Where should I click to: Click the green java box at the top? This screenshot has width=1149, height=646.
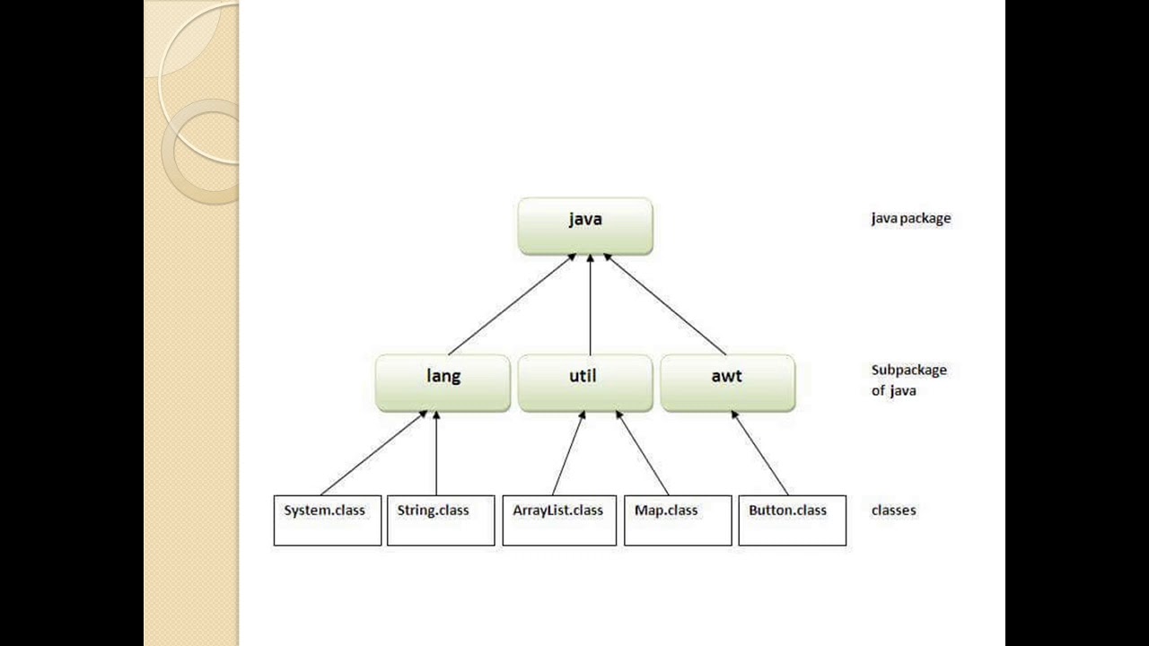[585, 226]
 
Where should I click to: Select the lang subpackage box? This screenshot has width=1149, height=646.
[443, 383]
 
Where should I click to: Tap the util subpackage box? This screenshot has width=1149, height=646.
[585, 383]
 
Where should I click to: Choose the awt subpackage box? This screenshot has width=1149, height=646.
[727, 383]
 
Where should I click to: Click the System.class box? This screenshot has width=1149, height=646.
[327, 520]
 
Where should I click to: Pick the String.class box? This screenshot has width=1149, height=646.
[440, 520]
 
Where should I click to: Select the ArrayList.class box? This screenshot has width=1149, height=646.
[558, 520]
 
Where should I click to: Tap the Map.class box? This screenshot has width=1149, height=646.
[677, 520]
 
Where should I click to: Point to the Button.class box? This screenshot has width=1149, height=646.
[792, 520]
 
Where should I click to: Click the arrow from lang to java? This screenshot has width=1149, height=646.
[512, 304]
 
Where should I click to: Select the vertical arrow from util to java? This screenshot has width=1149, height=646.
[590, 305]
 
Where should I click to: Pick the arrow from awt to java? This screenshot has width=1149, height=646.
[664, 304]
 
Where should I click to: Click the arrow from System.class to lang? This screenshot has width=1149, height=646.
[373, 453]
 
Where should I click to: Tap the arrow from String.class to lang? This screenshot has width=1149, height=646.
[436, 453]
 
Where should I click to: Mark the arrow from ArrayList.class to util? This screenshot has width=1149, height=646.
[568, 453]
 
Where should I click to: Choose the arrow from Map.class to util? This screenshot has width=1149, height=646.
[643, 453]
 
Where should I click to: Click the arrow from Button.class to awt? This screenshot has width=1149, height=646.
[759, 453]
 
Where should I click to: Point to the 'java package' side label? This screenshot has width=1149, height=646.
[910, 218]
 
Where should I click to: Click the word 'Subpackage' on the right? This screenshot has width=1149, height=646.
[908, 370]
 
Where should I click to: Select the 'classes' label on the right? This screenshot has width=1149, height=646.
[893, 511]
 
